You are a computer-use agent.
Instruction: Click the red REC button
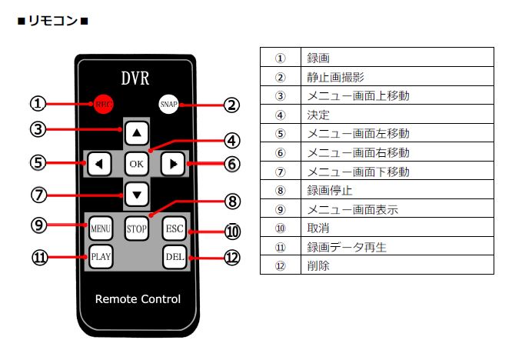tap(103, 104)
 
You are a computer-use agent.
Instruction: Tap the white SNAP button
tap(169, 105)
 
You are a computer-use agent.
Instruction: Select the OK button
tap(137, 164)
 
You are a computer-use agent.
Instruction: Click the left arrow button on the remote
tap(99, 164)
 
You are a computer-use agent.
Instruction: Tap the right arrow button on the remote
tap(173, 164)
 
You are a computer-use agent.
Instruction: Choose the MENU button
tap(101, 228)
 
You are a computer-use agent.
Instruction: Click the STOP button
tap(137, 228)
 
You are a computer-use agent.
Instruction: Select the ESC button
tap(175, 228)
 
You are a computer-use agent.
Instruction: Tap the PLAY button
tap(101, 257)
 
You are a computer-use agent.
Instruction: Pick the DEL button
tap(175, 257)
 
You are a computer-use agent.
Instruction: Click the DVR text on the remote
tap(135, 78)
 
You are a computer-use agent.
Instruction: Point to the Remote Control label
tap(138, 299)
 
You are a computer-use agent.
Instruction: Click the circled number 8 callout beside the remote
tap(232, 202)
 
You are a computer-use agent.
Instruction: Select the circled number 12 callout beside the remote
tap(232, 258)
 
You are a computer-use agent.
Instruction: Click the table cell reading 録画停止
tap(397, 190)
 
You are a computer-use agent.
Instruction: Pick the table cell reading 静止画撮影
tap(397, 77)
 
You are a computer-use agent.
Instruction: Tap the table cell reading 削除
tap(397, 265)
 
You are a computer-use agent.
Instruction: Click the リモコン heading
tap(53, 21)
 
